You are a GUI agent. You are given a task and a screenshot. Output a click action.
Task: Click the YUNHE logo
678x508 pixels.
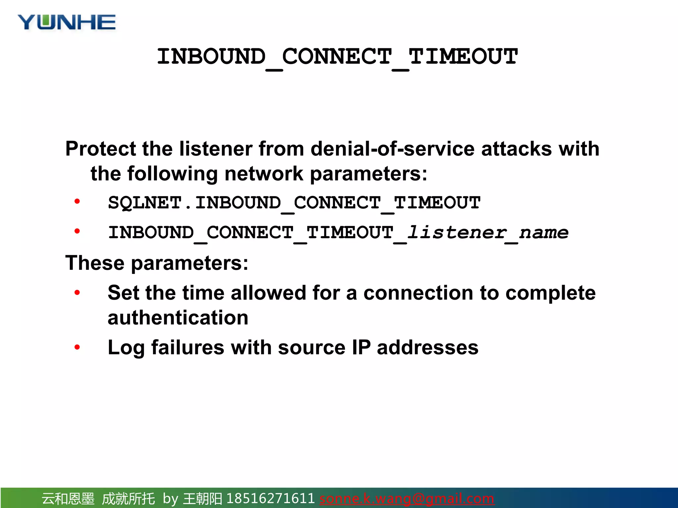click(67, 22)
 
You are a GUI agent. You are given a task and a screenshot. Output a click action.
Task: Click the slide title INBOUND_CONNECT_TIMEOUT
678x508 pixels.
click(337, 57)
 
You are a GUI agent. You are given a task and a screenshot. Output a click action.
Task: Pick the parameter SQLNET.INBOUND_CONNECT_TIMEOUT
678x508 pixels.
click(294, 203)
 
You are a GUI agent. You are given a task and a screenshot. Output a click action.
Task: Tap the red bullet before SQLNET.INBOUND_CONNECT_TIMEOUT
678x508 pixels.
click(77, 201)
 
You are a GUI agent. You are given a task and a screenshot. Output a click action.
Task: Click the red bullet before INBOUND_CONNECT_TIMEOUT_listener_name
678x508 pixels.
click(77, 231)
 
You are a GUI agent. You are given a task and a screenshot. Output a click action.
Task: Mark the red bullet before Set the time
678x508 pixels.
click(77, 292)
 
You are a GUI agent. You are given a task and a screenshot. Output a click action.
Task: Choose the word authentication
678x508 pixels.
click(178, 318)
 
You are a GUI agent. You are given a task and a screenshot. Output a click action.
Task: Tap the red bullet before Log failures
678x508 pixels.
click(77, 347)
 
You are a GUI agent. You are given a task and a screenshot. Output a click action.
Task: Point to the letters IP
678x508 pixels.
click(361, 348)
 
